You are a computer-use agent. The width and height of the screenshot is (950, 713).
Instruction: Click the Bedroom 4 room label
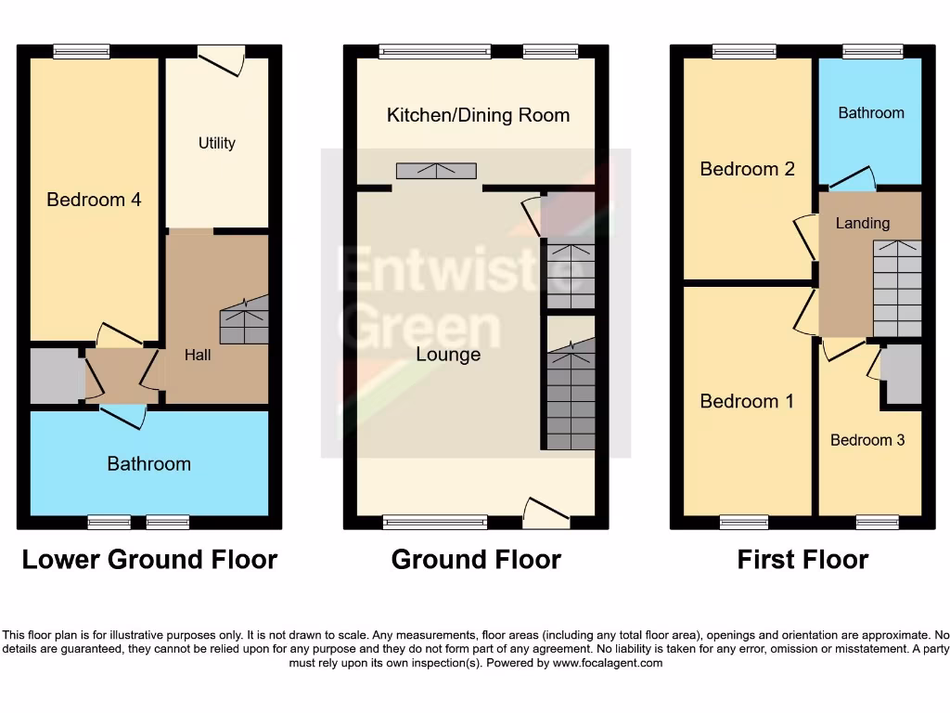click(94, 200)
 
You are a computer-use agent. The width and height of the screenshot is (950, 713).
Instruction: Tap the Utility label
click(217, 143)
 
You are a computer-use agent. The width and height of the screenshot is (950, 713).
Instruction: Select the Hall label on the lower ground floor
click(198, 355)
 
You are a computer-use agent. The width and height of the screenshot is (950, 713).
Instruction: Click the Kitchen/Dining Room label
click(478, 115)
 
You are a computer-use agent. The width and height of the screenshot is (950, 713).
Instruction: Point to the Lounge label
click(448, 355)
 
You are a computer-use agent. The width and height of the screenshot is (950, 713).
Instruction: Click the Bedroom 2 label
click(747, 169)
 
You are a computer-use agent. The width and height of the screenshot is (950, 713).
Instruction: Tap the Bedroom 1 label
click(747, 401)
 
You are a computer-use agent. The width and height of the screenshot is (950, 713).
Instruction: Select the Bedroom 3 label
click(867, 440)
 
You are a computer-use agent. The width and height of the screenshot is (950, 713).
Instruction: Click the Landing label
click(863, 223)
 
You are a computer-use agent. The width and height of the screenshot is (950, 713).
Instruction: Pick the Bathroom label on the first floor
click(870, 112)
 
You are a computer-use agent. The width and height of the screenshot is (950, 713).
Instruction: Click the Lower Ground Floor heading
click(149, 560)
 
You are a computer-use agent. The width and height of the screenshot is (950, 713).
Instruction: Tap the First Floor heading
click(802, 560)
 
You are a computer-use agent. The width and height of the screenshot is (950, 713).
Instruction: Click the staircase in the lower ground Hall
click(244, 320)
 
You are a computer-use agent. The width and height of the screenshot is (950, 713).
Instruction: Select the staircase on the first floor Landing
click(897, 288)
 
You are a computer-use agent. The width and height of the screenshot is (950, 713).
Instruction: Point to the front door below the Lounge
click(546, 512)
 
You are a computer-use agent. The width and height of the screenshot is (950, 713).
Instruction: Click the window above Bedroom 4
click(81, 52)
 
